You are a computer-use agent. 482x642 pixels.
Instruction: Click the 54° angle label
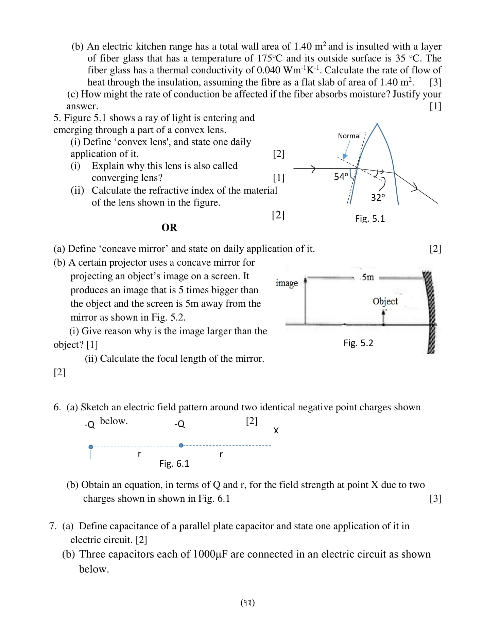tap(341, 177)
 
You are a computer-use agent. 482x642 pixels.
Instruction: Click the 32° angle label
tap(378, 198)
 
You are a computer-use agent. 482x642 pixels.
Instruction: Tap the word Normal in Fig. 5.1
tap(349, 136)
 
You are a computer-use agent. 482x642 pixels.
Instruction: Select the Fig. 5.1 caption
tap(370, 219)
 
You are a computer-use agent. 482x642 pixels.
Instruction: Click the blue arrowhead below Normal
tap(345, 156)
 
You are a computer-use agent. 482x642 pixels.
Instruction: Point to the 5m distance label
tap(367, 278)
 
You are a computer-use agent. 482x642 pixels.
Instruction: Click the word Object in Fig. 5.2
tap(385, 301)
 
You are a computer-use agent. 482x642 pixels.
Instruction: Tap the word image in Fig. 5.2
tap(287, 283)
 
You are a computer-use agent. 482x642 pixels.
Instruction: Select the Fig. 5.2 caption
tap(358, 343)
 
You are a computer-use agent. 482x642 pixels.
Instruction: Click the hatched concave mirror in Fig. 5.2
tap(430, 313)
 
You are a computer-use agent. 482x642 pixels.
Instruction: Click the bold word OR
tap(169, 228)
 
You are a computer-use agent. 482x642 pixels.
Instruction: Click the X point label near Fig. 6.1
tap(276, 430)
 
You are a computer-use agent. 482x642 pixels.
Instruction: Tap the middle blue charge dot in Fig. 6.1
tap(181, 445)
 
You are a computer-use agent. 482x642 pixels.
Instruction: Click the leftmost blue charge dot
tap(91, 447)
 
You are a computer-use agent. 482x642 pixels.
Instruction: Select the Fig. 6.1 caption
tap(174, 464)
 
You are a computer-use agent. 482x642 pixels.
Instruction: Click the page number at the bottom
tap(247, 603)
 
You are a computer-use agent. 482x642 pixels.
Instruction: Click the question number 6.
tap(57, 407)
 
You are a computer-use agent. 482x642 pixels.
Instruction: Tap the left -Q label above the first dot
tap(89, 425)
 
